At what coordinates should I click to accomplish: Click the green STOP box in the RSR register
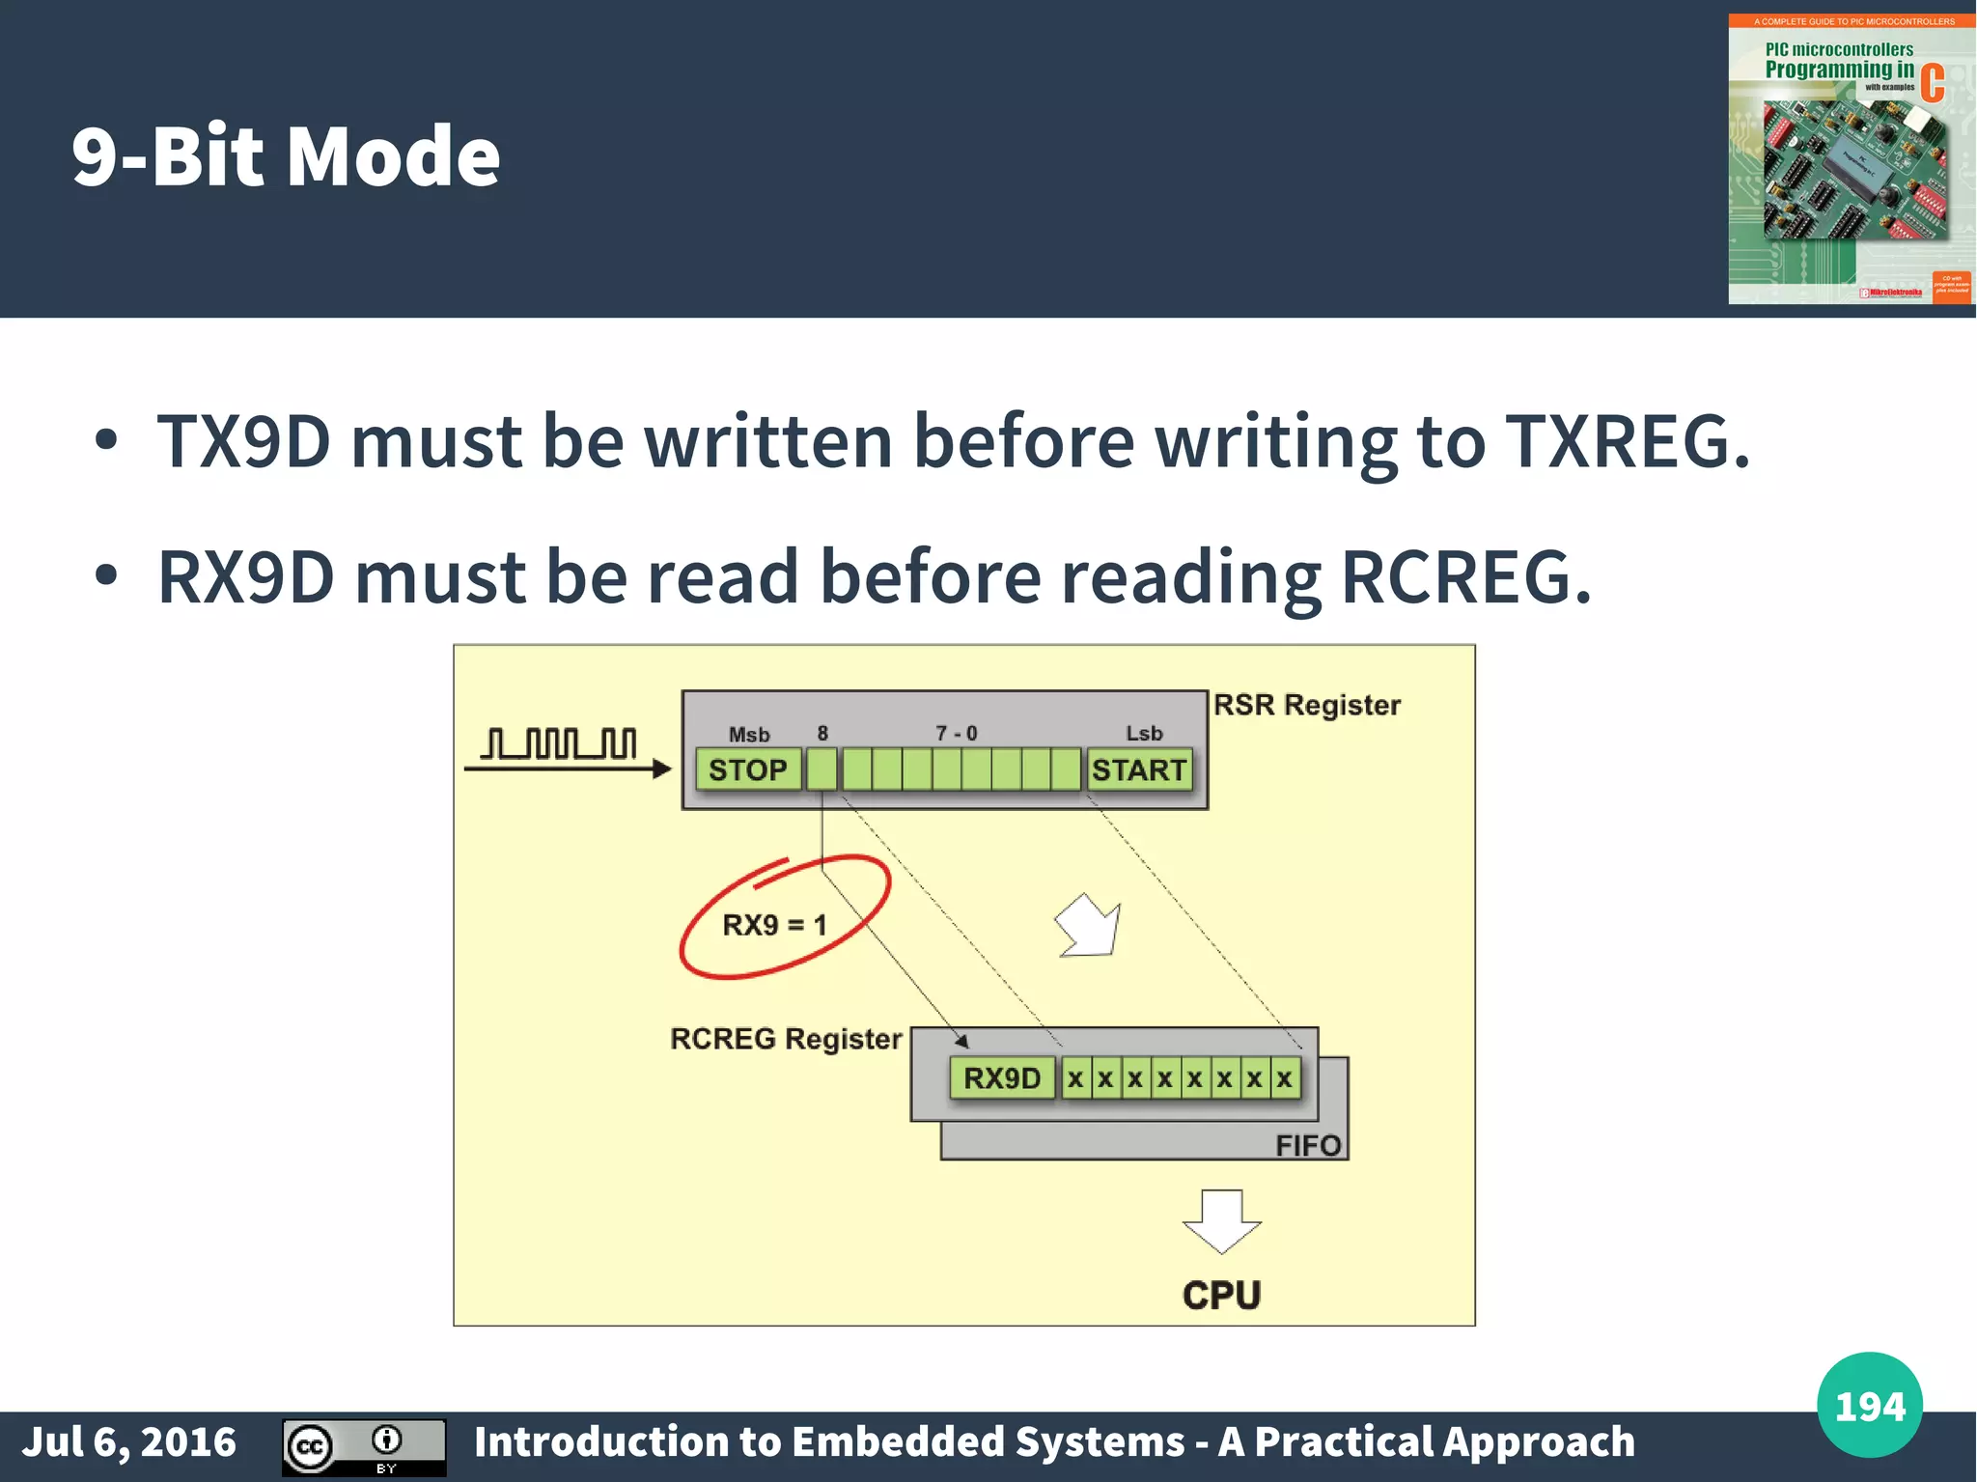747,769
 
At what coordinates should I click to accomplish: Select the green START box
1139,769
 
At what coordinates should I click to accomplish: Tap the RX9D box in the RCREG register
1002,1077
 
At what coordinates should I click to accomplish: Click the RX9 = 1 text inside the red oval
774,925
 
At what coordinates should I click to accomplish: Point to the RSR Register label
1306,705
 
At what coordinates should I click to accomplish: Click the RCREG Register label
786,1039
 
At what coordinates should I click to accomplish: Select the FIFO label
1307,1145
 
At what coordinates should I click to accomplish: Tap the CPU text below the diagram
1221,1295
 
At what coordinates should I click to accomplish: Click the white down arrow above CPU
1221,1221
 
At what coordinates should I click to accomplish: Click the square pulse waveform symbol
559,744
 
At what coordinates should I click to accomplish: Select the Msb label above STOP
749,735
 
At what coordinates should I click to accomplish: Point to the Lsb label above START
1144,734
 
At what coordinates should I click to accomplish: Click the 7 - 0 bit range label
956,734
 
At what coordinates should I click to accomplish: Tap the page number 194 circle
1869,1406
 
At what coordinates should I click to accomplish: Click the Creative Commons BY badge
364,1446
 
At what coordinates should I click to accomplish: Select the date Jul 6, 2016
129,1442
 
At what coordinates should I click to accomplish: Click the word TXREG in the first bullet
1627,441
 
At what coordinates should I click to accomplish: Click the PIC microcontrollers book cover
1851,159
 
